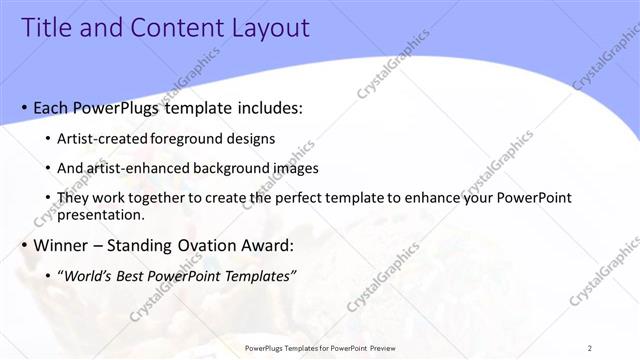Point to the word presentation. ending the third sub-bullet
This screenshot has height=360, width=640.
[103, 214]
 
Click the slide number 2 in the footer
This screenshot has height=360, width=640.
[590, 347]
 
